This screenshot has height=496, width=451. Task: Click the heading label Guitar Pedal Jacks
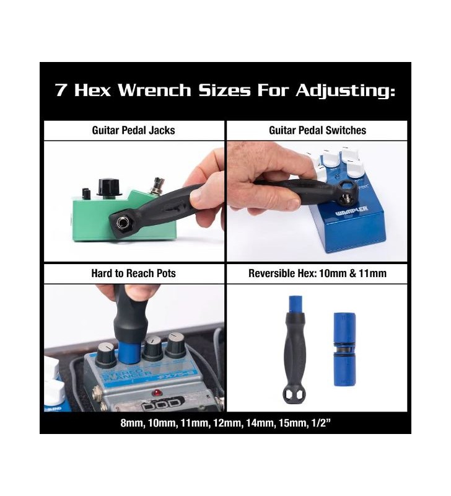coord(133,130)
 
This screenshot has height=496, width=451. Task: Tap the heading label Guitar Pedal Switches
coord(317,130)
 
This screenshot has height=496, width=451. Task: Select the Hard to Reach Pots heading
coord(133,273)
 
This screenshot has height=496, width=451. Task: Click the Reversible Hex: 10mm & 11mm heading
coord(317,273)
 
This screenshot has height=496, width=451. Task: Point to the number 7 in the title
coord(61,90)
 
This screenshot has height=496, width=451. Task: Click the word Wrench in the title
coord(154,90)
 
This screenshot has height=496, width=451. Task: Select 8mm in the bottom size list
coord(131,423)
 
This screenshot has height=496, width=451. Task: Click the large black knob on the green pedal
coord(110,187)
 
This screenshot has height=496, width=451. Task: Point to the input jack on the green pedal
coord(121,223)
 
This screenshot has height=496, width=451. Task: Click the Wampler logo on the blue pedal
coord(351,211)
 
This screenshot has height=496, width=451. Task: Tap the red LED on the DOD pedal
coord(155,393)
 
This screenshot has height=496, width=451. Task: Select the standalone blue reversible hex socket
coord(345,349)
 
